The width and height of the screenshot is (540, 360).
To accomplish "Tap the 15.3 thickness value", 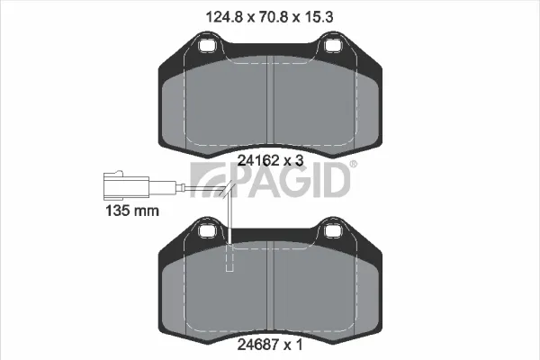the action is [x=318, y=17].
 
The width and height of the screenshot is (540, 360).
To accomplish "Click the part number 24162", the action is [x=258, y=160].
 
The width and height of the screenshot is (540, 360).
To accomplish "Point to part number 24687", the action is [x=258, y=345].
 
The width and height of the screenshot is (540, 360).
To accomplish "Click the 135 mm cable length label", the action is [x=132, y=211].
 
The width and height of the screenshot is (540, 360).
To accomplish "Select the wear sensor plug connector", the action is [x=126, y=185].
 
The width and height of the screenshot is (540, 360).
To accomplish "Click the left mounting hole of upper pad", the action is [x=208, y=45].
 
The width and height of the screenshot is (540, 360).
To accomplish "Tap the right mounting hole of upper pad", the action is [x=333, y=45].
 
